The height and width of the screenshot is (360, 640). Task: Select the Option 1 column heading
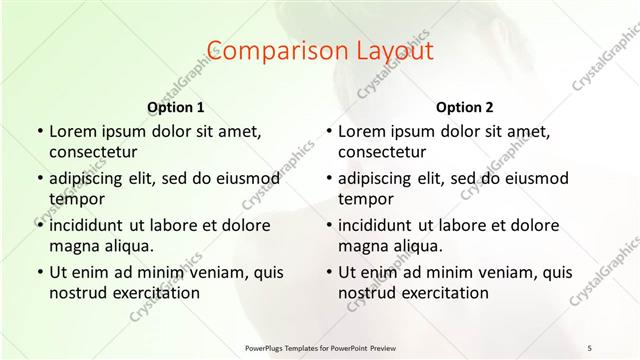click(x=176, y=107)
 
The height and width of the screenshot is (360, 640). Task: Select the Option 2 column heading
click(x=465, y=107)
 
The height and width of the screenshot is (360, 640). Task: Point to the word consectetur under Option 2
click(x=382, y=151)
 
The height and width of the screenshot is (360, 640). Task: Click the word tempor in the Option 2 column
click(x=363, y=198)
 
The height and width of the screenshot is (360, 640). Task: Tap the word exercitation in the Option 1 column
click(x=158, y=293)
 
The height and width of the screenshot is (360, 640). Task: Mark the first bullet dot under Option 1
click(x=39, y=131)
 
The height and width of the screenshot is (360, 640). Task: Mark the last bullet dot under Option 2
click(x=328, y=272)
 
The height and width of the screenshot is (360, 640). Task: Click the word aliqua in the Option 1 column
click(x=125, y=245)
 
